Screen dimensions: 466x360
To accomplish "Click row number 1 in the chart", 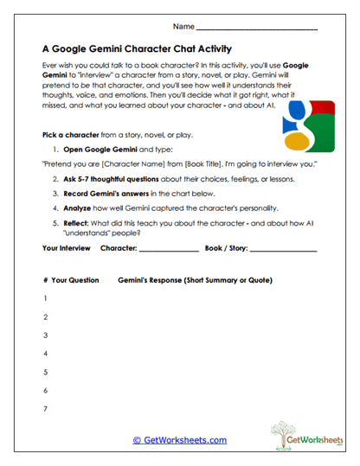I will [x=44, y=299].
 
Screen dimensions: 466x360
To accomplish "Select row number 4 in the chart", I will [x=44, y=354].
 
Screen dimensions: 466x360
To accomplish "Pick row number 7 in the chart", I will [x=44, y=408].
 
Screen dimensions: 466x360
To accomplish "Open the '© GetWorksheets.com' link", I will [x=180, y=440].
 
